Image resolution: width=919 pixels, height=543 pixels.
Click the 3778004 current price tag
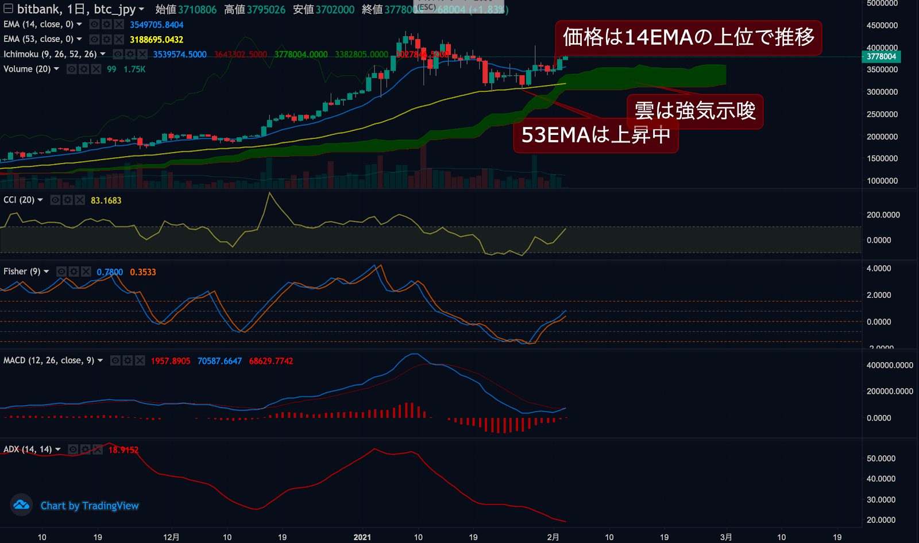click(x=881, y=56)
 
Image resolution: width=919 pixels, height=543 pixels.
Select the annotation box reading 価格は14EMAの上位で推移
click(x=688, y=37)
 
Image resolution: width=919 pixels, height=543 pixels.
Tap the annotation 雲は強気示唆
click(x=694, y=111)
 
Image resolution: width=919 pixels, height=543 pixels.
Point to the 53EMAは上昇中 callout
click(x=596, y=135)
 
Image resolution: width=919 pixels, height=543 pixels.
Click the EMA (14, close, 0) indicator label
click(x=38, y=24)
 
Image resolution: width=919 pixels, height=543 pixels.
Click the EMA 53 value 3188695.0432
click(x=156, y=40)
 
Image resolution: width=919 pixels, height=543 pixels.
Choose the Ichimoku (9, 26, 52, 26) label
click(x=50, y=54)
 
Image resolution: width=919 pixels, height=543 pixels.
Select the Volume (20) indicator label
click(x=27, y=69)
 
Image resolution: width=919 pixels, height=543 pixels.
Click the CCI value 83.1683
click(x=106, y=200)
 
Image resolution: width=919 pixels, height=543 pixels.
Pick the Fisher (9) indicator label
click(x=22, y=271)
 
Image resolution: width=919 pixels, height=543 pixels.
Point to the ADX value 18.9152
click(x=123, y=450)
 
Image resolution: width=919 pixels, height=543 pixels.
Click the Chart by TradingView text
click(x=90, y=506)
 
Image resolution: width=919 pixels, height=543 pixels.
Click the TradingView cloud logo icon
click(x=21, y=505)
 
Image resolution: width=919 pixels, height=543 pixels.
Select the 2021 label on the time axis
click(x=362, y=537)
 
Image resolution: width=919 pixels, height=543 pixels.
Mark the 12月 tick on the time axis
click(x=171, y=537)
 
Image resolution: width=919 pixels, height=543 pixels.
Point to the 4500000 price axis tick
click(x=882, y=25)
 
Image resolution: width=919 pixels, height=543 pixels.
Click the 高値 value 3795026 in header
click(x=266, y=10)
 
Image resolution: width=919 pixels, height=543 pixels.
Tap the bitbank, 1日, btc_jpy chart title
click(x=76, y=9)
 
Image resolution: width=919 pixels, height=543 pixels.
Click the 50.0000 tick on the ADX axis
click(x=881, y=459)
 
